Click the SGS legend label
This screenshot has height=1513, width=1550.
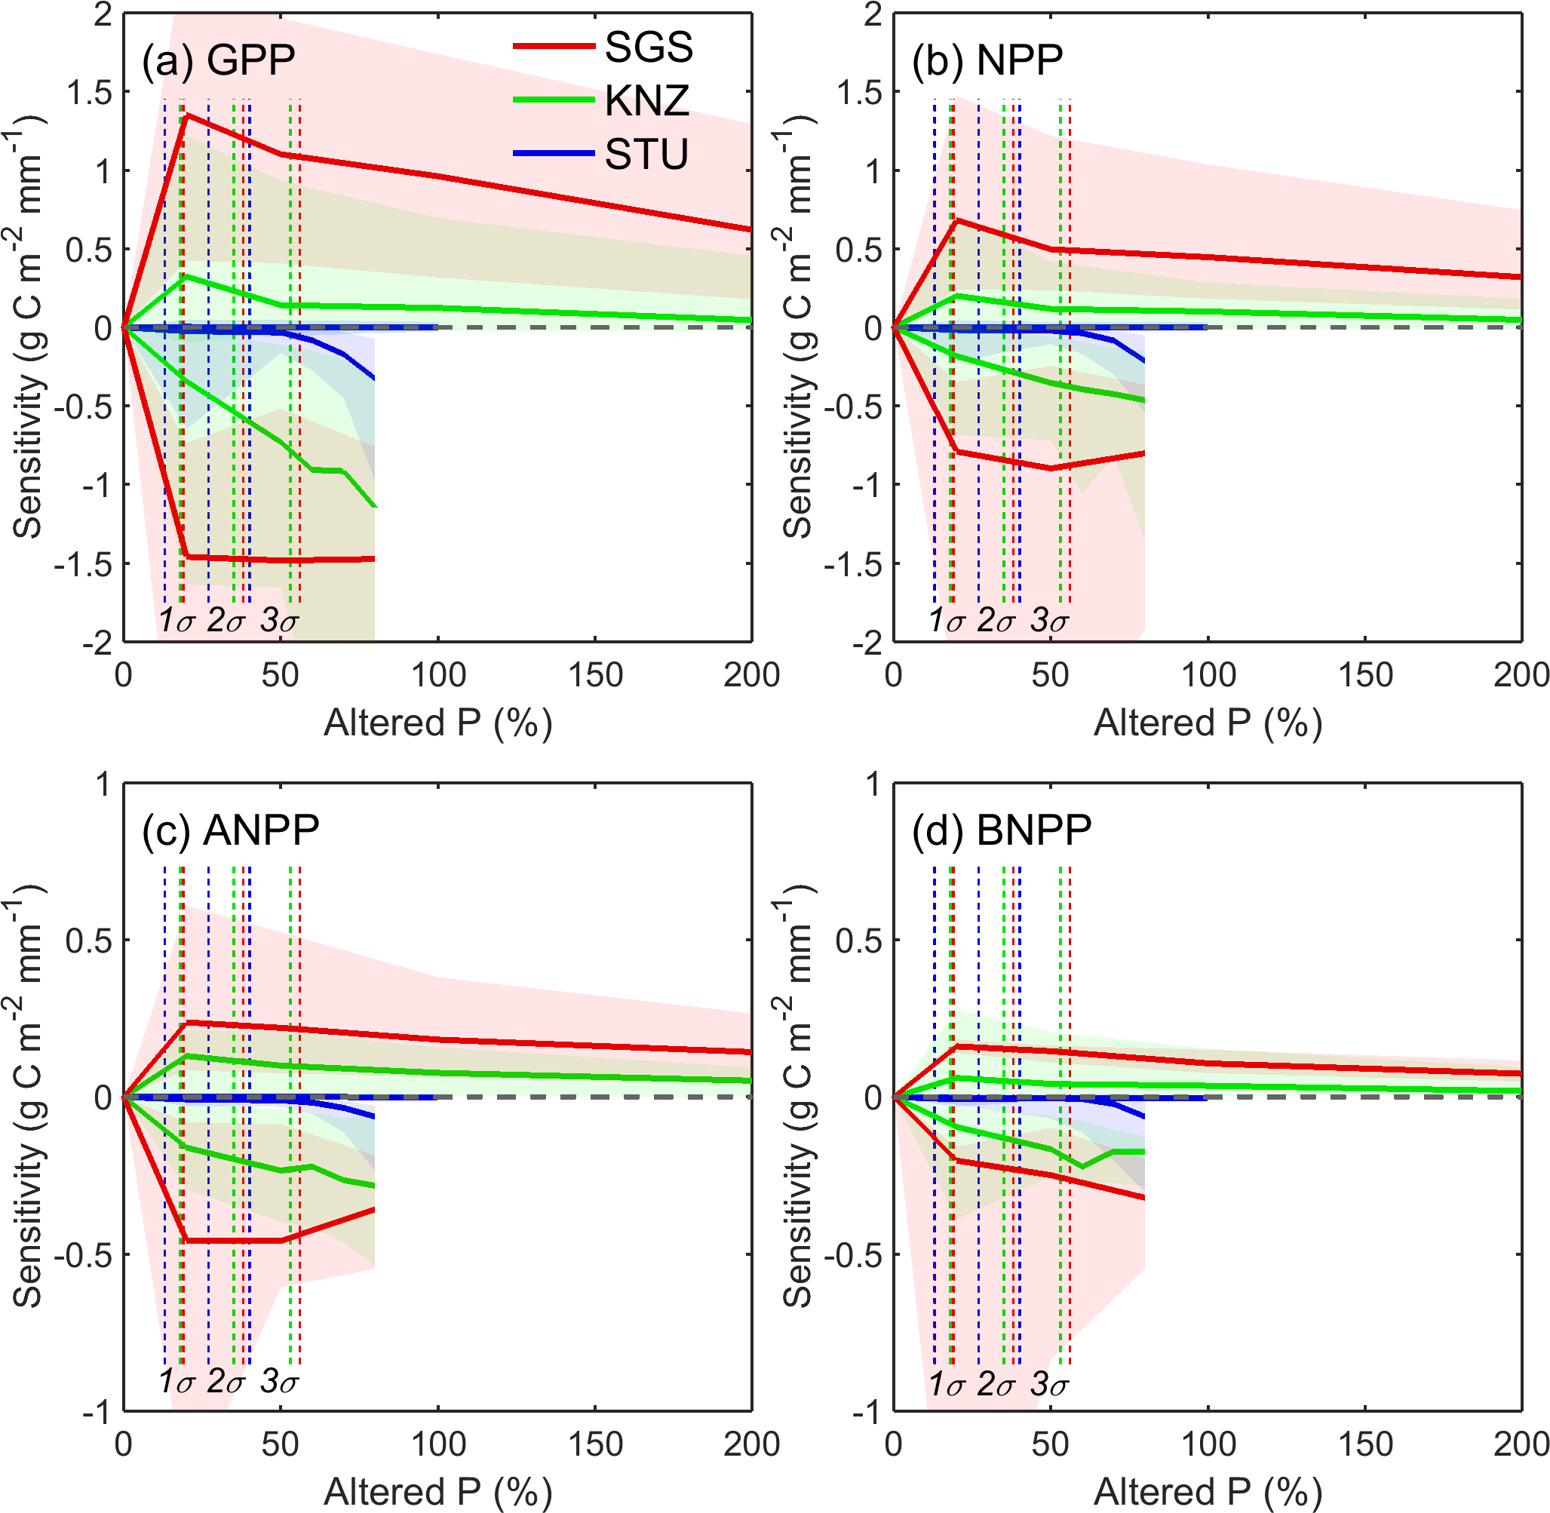coord(648,47)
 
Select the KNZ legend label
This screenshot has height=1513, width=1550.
coord(646,101)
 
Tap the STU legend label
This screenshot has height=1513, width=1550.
coord(646,154)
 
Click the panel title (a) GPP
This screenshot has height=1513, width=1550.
coord(219,60)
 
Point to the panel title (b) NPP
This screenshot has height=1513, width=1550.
coord(987,60)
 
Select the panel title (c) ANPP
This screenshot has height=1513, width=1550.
coord(230,830)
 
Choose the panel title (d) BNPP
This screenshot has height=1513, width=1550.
coord(1002,830)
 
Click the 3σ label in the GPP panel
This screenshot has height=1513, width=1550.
coord(279,621)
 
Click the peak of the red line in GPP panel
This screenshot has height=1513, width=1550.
coord(186,116)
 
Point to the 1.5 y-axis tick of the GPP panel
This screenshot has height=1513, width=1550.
coord(90,93)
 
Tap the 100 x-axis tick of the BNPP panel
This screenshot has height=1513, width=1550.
coord(1208,1444)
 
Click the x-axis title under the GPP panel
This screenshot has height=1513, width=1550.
coord(437,723)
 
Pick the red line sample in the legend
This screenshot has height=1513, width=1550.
coord(553,46)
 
